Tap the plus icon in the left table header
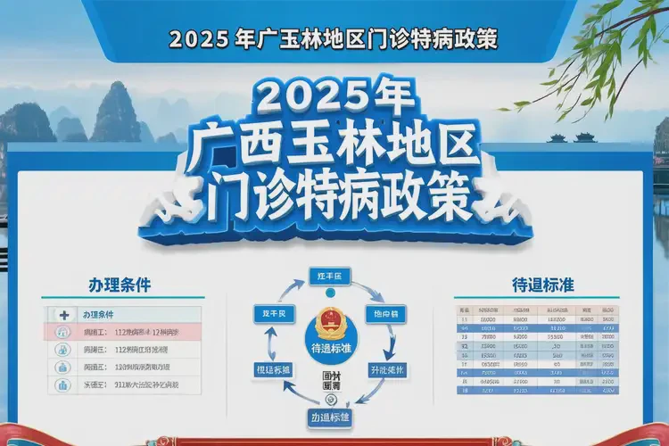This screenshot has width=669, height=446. [x=63, y=315]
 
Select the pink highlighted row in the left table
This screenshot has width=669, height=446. [x=125, y=332]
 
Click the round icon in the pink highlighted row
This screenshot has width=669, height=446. [x=63, y=332]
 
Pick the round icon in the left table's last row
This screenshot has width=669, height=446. [x=63, y=385]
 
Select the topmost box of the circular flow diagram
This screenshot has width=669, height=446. [x=331, y=276]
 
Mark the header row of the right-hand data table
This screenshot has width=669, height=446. [x=535, y=308]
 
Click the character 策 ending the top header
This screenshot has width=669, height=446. [x=485, y=39]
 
